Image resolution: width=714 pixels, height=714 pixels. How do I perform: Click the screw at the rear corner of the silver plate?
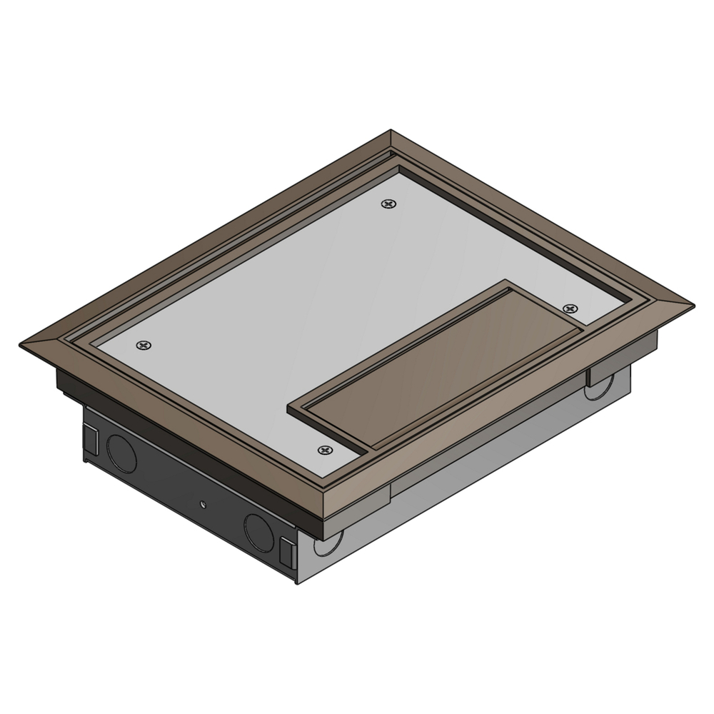click(x=388, y=204)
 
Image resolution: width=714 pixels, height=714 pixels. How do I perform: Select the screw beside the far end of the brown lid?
click(x=569, y=308)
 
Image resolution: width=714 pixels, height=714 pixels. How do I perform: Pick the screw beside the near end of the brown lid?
click(x=326, y=451)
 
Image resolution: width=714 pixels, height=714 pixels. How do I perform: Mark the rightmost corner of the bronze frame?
click(x=693, y=303)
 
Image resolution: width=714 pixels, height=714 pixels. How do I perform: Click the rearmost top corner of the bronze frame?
click(x=391, y=131)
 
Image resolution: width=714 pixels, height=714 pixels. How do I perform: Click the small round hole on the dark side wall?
click(x=203, y=504)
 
